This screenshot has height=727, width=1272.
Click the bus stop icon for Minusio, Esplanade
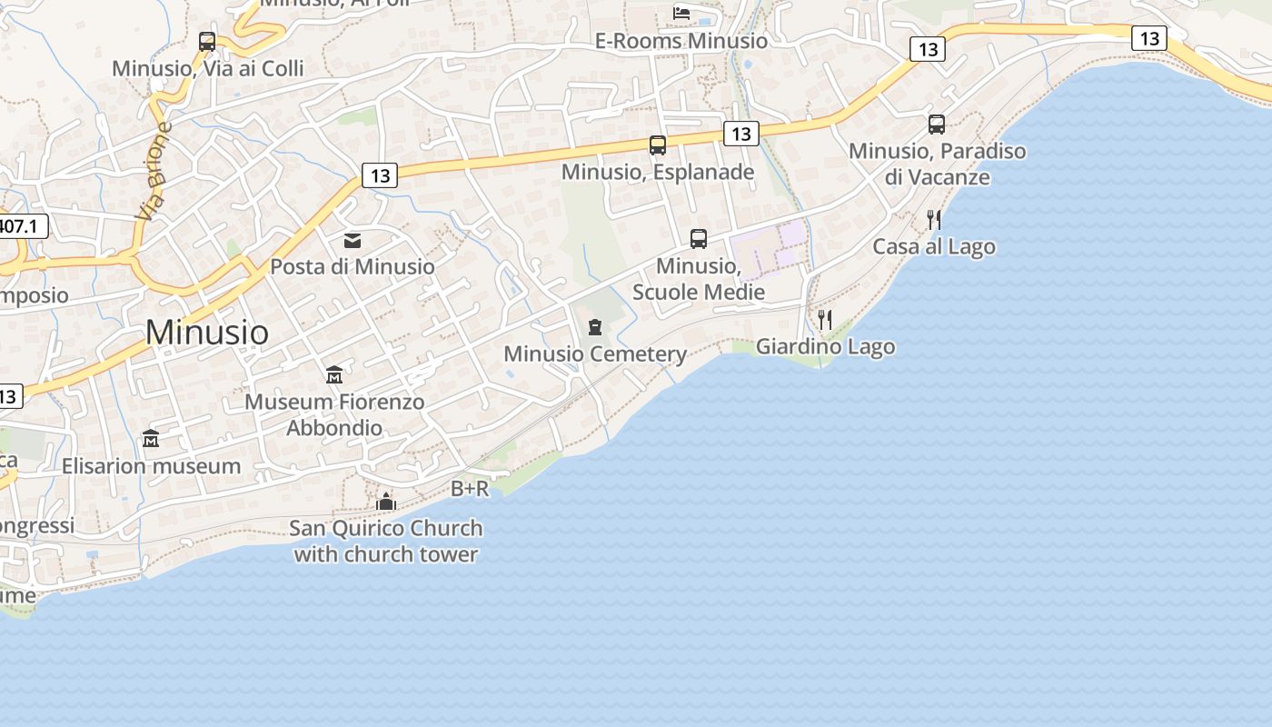[657, 145]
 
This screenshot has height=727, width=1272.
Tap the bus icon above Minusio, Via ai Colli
[207, 42]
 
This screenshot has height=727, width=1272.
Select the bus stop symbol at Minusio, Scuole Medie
[698, 239]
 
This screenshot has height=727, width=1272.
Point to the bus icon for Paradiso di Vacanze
[937, 124]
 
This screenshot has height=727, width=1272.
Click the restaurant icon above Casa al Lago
[933, 220]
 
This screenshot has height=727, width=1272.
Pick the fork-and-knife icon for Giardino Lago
[825, 320]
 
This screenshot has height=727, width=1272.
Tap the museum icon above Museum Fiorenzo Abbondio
[333, 374]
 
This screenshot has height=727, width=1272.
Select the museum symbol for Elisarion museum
[151, 439]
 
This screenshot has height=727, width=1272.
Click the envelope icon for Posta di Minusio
[353, 241]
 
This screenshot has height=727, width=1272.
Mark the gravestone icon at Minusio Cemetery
[595, 327]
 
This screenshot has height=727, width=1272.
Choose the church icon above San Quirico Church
[386, 502]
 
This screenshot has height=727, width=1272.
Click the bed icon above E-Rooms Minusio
[681, 13]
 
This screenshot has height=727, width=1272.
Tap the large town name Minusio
[207, 333]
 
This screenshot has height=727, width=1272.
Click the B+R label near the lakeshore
[470, 489]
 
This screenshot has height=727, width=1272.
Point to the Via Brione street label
[155, 172]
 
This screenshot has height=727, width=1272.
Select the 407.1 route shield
[20, 225]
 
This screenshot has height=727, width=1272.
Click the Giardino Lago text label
[825, 346]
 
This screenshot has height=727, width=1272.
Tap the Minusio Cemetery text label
[595, 354]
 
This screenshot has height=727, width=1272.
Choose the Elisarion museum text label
[151, 466]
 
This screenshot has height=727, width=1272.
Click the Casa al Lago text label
[934, 247]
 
